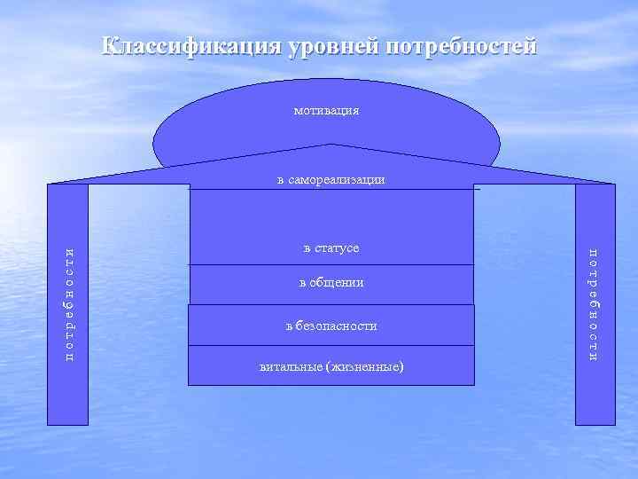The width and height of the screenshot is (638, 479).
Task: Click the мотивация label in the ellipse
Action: pos(326,112)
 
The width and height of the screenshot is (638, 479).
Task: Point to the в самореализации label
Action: pos(331,180)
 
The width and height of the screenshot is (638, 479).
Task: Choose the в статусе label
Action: pos(331,247)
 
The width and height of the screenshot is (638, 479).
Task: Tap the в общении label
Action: pos(331,282)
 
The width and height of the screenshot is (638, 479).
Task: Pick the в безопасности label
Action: pos(331,326)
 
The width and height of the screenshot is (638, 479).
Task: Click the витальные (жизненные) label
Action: pos(331,365)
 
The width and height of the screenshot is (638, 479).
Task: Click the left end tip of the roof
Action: pos(49,184)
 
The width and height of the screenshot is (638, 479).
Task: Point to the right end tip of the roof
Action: pos(613,184)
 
